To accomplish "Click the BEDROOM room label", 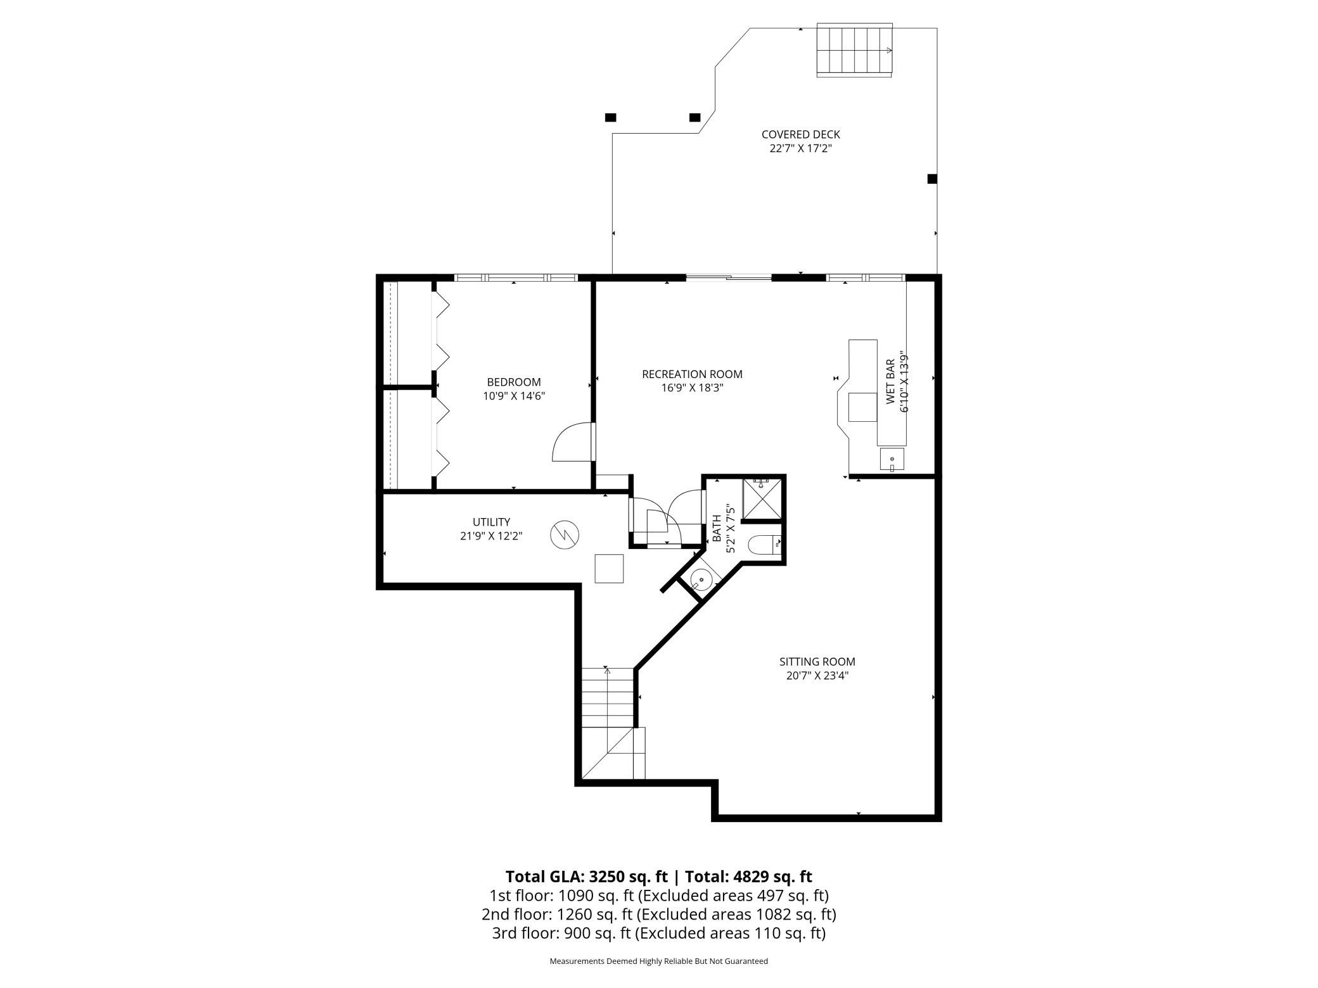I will click(x=513, y=382).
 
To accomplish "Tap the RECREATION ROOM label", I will click(x=692, y=374).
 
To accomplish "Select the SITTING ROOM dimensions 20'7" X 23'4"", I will click(x=817, y=675).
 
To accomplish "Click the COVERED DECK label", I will click(x=800, y=134).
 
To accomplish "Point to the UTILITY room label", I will click(x=491, y=522).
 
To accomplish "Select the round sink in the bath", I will click(x=701, y=579).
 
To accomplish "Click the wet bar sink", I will click(x=892, y=459).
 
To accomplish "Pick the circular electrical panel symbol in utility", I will click(x=564, y=535).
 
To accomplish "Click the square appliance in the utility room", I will click(x=608, y=568).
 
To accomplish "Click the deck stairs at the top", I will click(x=854, y=50).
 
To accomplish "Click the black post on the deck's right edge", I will click(x=932, y=179).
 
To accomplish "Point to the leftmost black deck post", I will click(x=610, y=117).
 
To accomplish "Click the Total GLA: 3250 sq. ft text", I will click(x=586, y=877).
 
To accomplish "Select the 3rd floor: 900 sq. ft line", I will click(x=658, y=933).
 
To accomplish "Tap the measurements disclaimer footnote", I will click(x=658, y=961).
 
